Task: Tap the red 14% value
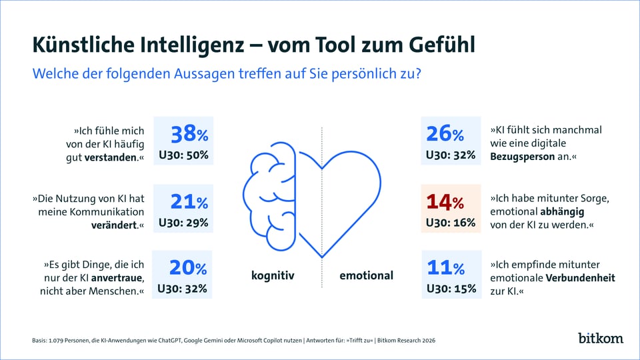click(x=445, y=201)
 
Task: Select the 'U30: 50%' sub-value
click(x=183, y=155)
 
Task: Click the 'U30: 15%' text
click(x=451, y=289)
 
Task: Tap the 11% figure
click(x=445, y=268)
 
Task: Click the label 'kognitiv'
click(x=273, y=275)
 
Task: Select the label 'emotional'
click(x=366, y=275)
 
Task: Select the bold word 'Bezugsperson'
click(x=523, y=157)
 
